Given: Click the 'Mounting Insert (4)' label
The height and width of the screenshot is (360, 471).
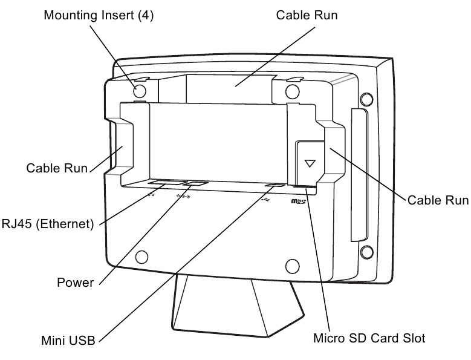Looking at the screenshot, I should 99,15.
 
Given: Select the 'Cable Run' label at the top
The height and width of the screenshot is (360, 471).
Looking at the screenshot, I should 307,15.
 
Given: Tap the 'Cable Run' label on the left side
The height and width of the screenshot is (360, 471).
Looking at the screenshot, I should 57,168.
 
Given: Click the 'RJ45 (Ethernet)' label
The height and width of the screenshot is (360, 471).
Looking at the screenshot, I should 47,224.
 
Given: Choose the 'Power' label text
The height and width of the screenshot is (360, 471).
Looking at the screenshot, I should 75,283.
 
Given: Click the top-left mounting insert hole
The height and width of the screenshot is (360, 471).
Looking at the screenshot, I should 140,91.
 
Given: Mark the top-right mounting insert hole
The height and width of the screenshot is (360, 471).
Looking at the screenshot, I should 292,91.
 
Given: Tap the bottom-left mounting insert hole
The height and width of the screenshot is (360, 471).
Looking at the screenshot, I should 141,257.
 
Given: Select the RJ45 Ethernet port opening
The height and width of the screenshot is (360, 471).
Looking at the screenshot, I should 166,182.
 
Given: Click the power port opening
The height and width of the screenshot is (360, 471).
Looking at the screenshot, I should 196,183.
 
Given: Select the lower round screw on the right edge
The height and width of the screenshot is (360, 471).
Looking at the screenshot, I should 365,251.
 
